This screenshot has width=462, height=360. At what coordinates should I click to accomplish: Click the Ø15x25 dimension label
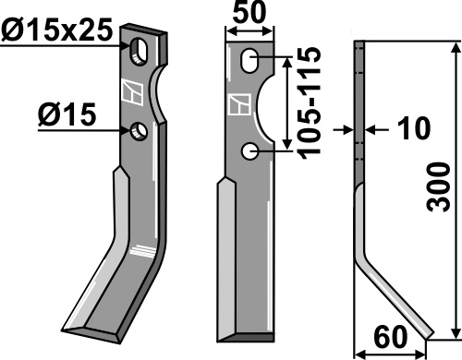click(x=56, y=30)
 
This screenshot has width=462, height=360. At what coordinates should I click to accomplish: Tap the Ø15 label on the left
click(x=67, y=114)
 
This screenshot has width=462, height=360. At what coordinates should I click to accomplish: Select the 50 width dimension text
click(x=249, y=12)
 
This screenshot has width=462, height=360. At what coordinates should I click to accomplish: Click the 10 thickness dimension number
click(x=414, y=128)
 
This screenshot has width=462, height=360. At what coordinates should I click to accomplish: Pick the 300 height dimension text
click(x=439, y=187)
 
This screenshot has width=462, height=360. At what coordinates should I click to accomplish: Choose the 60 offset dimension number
click(x=390, y=337)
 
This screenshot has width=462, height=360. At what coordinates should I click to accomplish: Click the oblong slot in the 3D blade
click(x=139, y=52)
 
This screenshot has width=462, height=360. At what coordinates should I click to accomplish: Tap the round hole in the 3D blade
click(x=139, y=132)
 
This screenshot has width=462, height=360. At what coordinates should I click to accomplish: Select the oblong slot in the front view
click(x=249, y=61)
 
